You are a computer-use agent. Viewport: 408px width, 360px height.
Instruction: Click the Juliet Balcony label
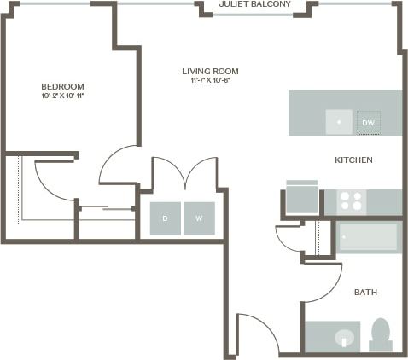point(254,5)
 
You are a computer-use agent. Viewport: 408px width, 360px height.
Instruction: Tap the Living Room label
point(210,71)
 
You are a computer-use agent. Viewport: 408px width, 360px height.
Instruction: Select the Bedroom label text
point(62,86)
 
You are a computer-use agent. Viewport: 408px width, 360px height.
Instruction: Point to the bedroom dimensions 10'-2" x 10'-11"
point(62,96)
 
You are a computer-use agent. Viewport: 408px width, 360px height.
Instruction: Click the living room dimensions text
point(210,80)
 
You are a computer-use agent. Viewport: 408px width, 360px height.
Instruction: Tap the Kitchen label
point(353,160)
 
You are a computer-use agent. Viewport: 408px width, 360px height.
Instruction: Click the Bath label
point(365,293)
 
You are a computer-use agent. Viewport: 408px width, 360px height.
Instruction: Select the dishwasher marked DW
point(369,123)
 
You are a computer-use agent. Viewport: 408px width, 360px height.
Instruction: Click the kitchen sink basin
point(339,123)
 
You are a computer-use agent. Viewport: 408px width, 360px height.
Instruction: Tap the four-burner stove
point(351,201)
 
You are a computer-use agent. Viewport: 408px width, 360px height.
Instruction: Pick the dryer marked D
point(166,218)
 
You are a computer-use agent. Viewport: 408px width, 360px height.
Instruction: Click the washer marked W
point(199,218)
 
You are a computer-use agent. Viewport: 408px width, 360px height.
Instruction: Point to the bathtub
point(368,237)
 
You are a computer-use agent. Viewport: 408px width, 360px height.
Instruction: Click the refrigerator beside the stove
point(301,198)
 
